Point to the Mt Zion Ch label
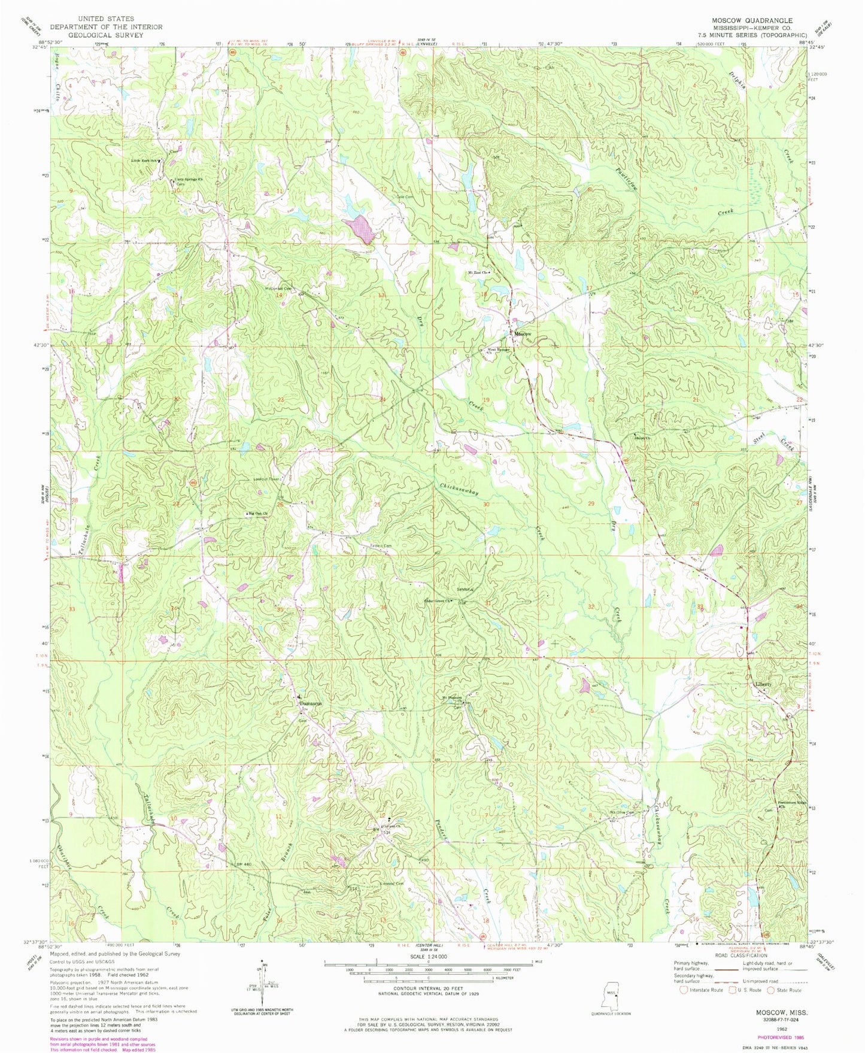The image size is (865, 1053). click(x=478, y=273)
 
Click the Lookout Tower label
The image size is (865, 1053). click(x=265, y=479)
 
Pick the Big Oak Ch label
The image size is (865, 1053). click(x=259, y=514)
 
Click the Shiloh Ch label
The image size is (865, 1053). click(x=642, y=436)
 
